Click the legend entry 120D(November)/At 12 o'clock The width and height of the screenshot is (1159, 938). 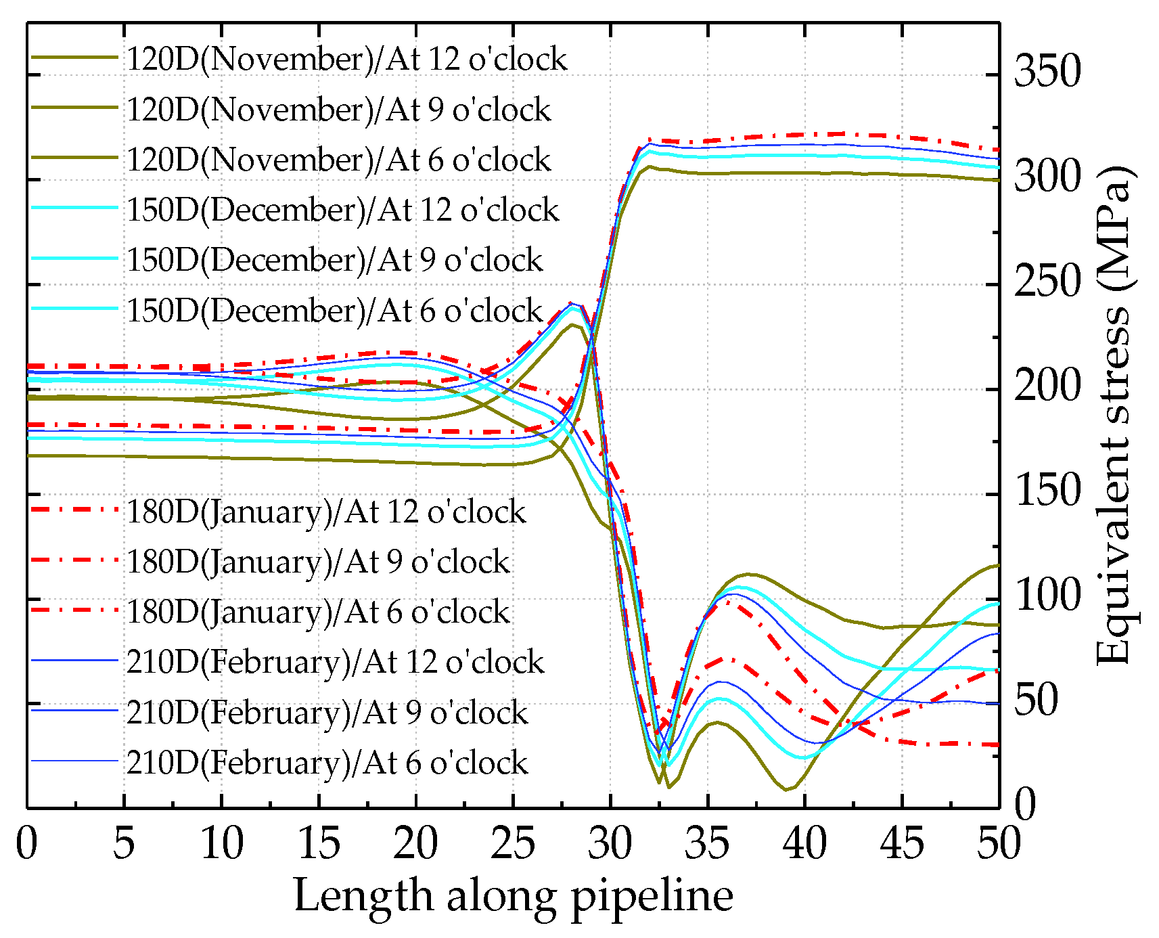[x=346, y=59]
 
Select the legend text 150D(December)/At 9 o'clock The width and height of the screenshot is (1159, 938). [x=335, y=260]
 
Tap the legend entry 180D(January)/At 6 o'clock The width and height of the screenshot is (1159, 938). [x=318, y=612]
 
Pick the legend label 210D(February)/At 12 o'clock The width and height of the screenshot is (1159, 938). [x=335, y=662]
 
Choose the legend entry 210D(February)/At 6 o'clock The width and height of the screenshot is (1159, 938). [x=327, y=763]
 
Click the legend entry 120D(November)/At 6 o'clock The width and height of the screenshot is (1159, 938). [x=338, y=160]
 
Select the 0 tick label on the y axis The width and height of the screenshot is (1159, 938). [x=1026, y=805]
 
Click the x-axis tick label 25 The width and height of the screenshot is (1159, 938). [x=513, y=844]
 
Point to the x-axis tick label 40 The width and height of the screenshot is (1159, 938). [x=804, y=844]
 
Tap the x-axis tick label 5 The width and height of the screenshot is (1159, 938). [x=124, y=844]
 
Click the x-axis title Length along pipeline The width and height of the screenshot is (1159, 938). [x=513, y=896]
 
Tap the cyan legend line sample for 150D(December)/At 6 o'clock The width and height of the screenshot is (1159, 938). [x=74, y=309]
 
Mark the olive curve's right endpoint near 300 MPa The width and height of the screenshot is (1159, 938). [x=998, y=180]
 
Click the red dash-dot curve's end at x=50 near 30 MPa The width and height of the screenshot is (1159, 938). [x=998, y=745]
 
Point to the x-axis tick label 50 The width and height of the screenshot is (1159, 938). [x=998, y=844]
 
